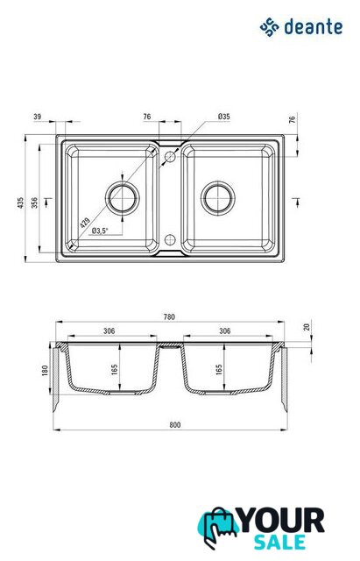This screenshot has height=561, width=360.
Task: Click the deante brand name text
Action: point(314,27)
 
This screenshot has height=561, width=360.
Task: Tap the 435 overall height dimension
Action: point(20,202)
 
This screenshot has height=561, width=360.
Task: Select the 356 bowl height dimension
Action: point(35,202)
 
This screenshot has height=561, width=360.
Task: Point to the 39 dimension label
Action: point(38,117)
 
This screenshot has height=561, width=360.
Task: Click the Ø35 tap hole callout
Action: point(223,117)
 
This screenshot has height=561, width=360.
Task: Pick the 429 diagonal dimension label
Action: point(85,223)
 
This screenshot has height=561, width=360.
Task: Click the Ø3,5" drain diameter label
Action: point(99,231)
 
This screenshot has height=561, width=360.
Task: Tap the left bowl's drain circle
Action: point(123,198)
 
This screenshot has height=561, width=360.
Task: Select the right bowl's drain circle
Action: point(218,198)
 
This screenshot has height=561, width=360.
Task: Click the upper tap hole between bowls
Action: point(170,157)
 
